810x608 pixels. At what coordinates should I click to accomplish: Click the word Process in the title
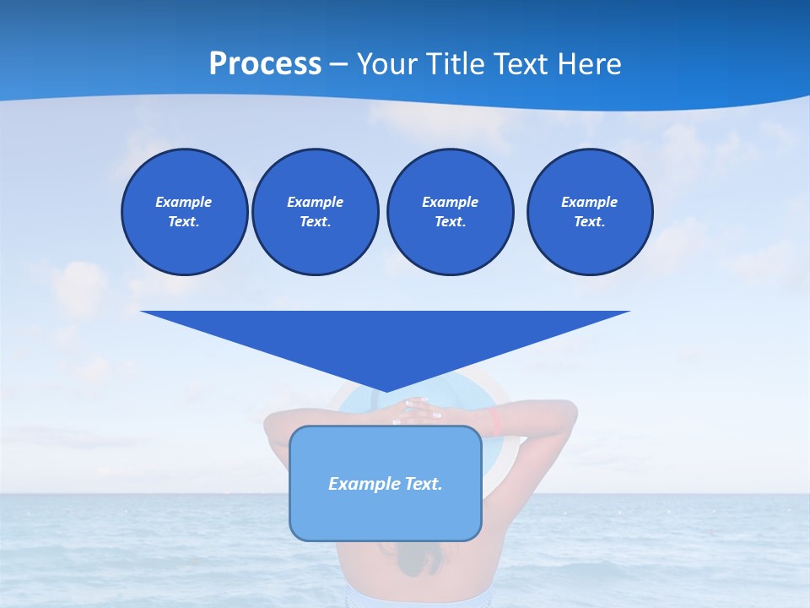(265, 64)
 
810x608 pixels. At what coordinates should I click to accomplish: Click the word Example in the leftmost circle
(184, 202)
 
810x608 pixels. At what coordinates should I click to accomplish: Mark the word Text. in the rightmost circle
(589, 221)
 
